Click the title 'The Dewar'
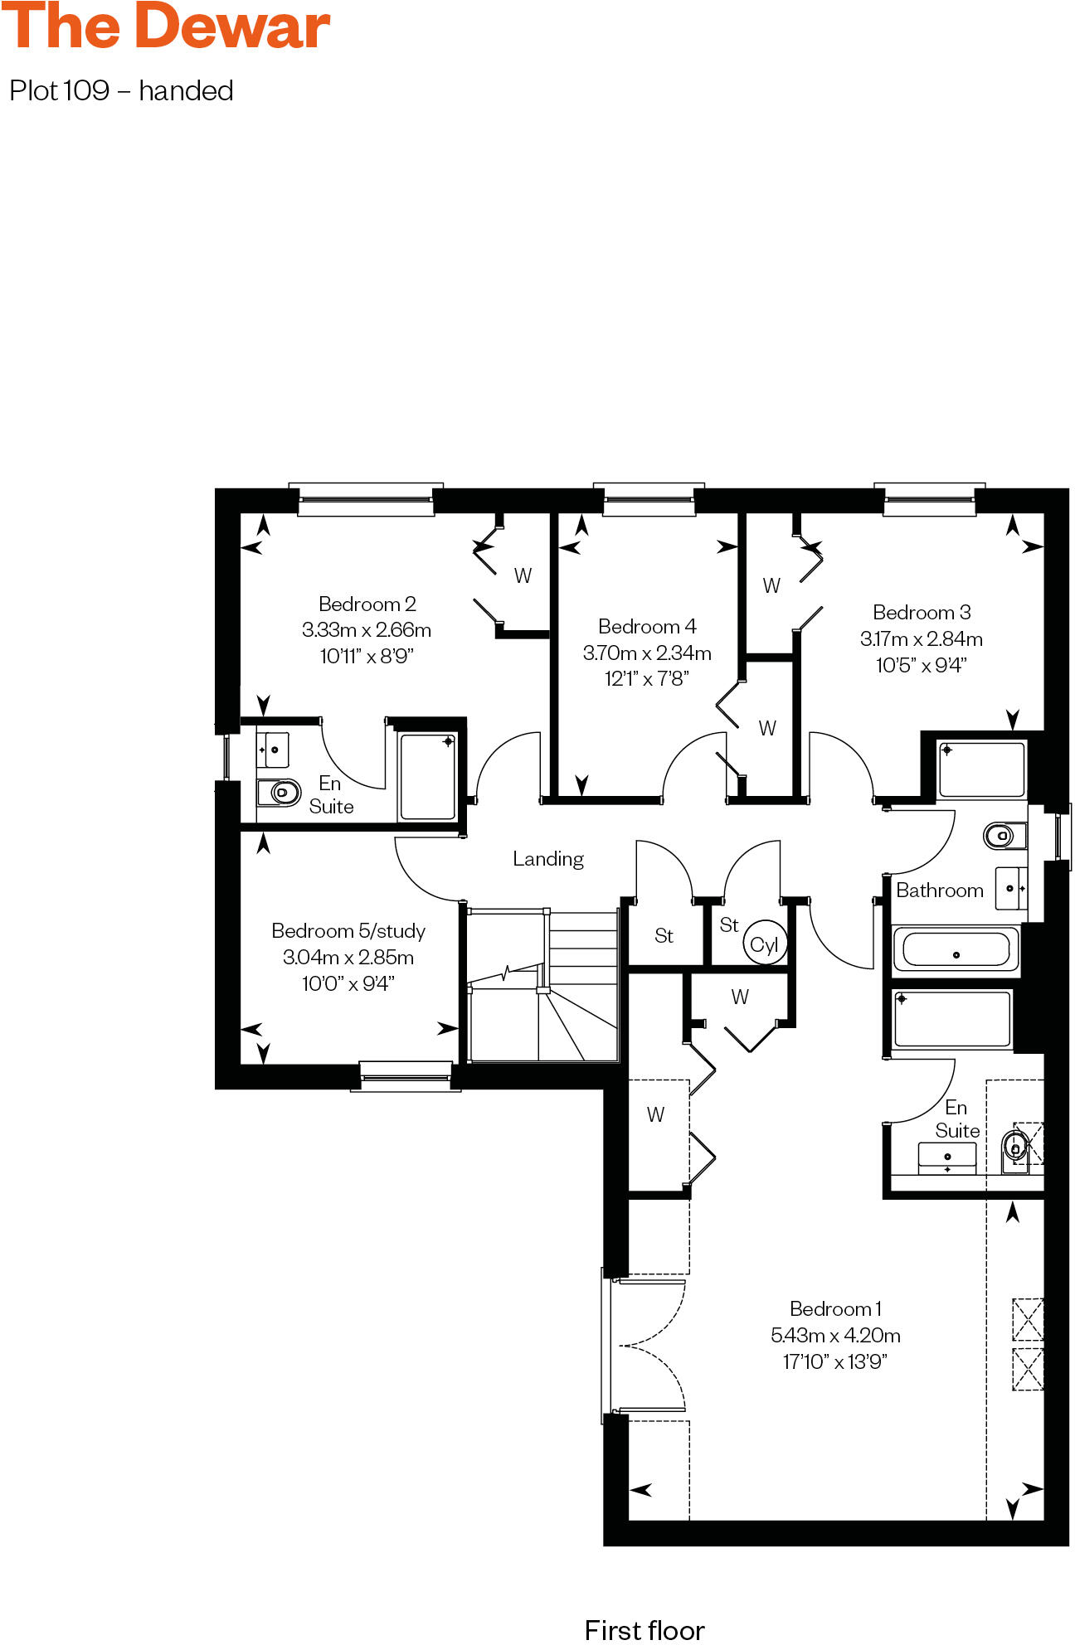pyautogui.click(x=166, y=27)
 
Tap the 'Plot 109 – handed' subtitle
pyautogui.click(x=121, y=90)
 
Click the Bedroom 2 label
pyautogui.click(x=367, y=604)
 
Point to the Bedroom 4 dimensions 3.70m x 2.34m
pyautogui.click(x=647, y=653)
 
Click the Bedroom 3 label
pyautogui.click(x=922, y=612)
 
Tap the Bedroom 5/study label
pyautogui.click(x=348, y=930)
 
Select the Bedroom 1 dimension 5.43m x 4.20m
pyautogui.click(x=835, y=1335)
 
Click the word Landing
pyautogui.click(x=547, y=858)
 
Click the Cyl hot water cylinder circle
pyautogui.click(x=764, y=944)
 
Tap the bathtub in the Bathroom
pyautogui.click(x=956, y=949)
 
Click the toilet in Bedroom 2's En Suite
pyautogui.click(x=280, y=793)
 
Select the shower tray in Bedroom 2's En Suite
pyautogui.click(x=427, y=776)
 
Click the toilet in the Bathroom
pyautogui.click(x=1000, y=835)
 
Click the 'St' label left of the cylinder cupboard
pyautogui.click(x=664, y=935)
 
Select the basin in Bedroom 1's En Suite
pyautogui.click(x=946, y=1157)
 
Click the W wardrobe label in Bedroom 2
pyautogui.click(x=523, y=575)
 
